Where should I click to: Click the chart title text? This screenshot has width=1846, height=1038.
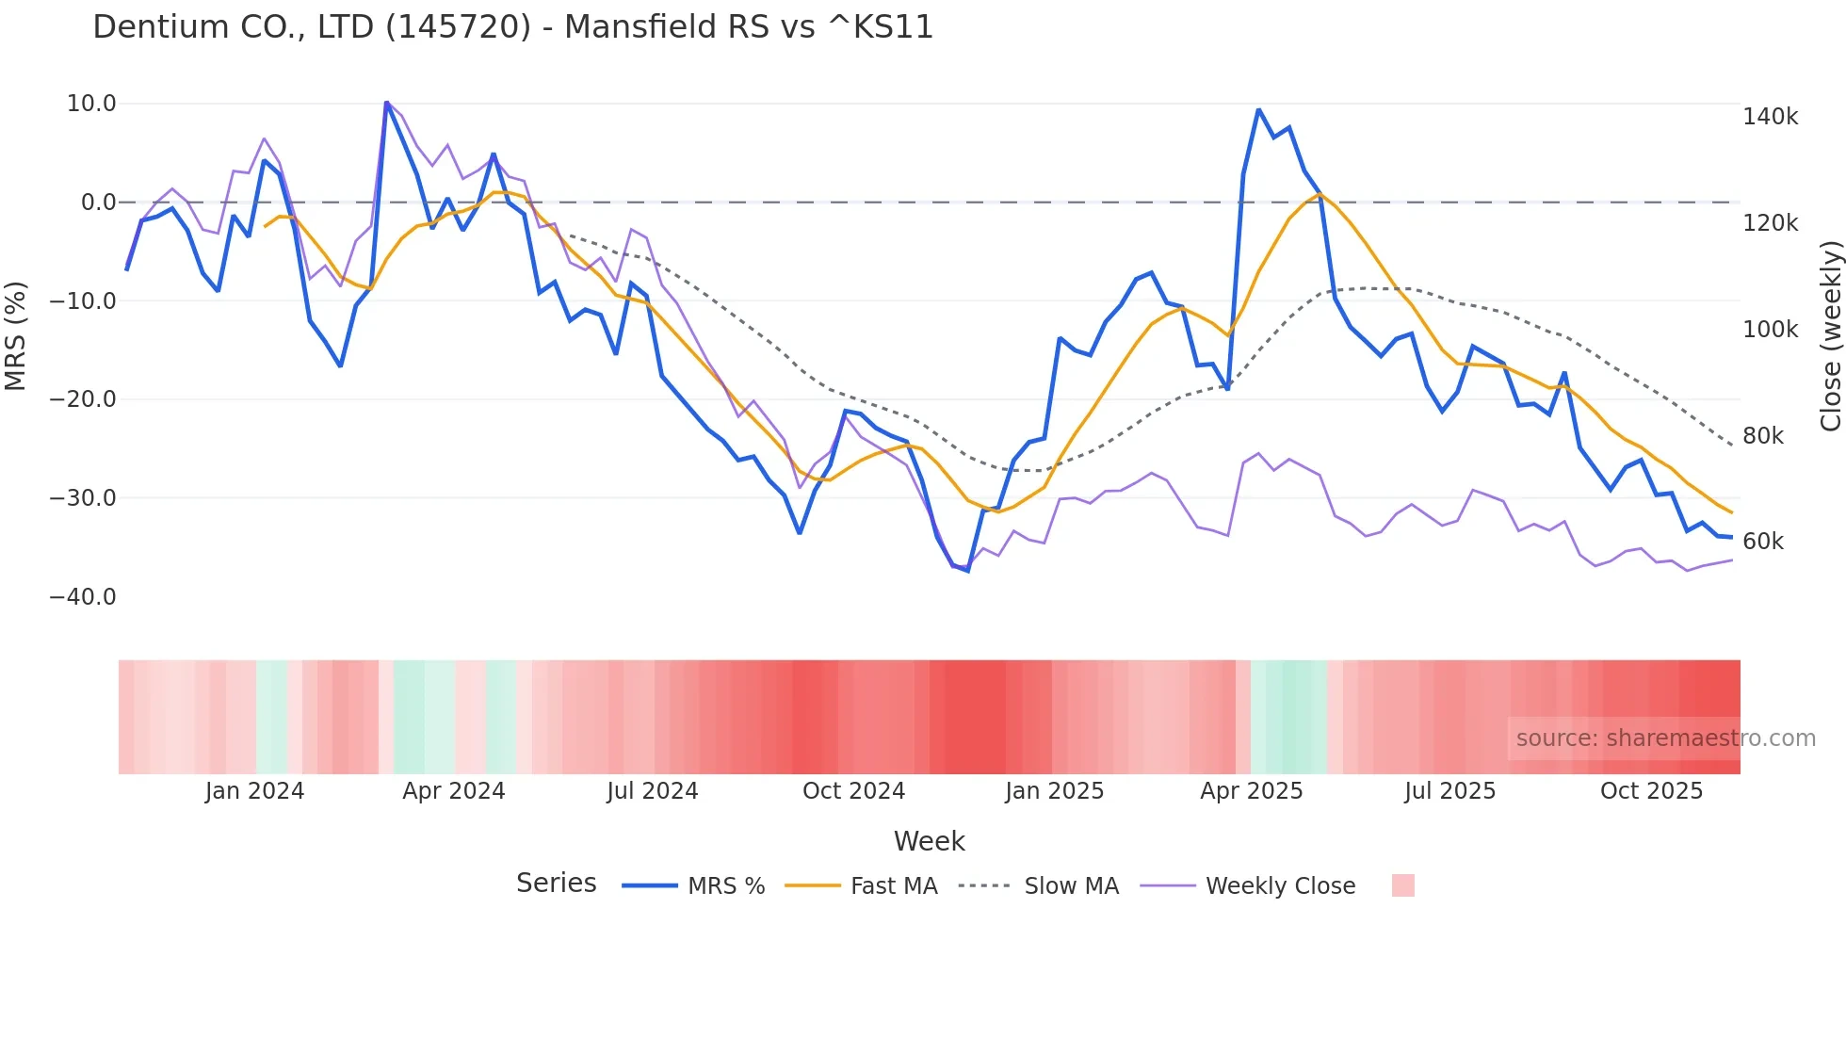point(512,27)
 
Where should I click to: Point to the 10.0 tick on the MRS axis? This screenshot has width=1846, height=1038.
point(91,104)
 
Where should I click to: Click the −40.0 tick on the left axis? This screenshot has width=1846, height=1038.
point(83,597)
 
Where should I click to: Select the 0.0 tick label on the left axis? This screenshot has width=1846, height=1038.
point(98,203)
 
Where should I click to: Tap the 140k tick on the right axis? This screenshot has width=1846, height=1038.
point(1770,117)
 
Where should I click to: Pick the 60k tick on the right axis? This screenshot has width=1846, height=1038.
point(1763,542)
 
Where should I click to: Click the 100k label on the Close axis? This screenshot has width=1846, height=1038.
point(1770,330)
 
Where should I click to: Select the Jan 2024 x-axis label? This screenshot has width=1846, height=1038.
point(254,791)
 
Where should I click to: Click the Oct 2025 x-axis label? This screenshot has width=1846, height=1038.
point(1651,791)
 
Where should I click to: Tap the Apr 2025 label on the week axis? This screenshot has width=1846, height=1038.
point(1251,791)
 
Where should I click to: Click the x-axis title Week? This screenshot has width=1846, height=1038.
point(929,841)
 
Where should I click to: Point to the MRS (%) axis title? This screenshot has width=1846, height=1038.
point(16,336)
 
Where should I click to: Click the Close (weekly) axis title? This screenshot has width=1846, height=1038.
point(1830,336)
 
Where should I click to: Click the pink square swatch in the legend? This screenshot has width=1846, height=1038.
point(1402,885)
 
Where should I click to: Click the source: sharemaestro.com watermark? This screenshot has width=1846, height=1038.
point(1665,738)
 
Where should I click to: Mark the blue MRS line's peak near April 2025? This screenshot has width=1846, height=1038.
point(1258,110)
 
